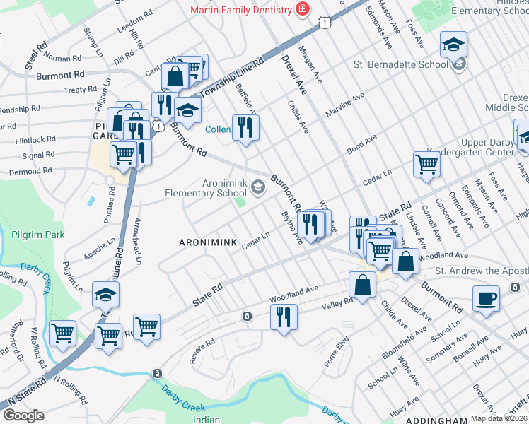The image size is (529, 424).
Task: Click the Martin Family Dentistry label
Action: pos(240,10)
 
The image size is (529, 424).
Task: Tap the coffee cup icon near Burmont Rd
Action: pos(487,298)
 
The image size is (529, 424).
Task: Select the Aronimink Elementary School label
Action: pos(205,188)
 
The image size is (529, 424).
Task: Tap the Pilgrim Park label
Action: pos(33,235)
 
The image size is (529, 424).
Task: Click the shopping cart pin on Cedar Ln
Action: pos(427,164)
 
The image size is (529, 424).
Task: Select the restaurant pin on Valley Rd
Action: pos(284,315)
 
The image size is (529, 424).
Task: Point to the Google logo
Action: pos(23,416)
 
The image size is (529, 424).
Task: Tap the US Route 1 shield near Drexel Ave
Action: pos(325,23)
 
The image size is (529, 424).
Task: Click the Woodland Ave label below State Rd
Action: pos(293,291)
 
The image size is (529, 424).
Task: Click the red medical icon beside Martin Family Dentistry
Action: pos(303,10)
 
